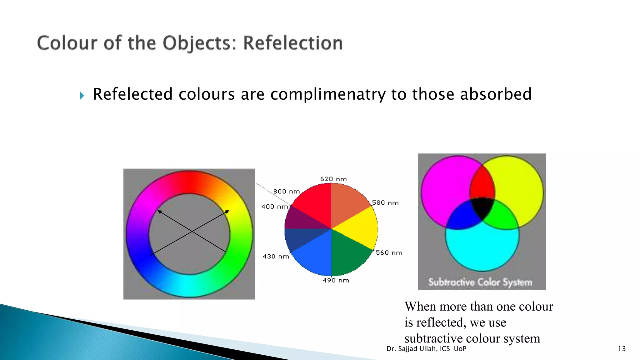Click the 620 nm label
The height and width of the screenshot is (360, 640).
pos(333,179)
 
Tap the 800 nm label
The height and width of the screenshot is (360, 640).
pos(286,191)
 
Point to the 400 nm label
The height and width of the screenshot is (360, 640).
pos(274,207)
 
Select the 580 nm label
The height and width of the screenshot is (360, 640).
pos(385,203)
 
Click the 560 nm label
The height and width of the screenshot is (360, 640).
pos(389,252)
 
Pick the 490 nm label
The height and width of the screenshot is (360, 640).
pos(336,280)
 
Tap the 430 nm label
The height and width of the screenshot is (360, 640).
pos(276,256)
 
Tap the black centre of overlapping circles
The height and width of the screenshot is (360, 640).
pos(482,208)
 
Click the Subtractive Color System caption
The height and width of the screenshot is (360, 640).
pos(480,282)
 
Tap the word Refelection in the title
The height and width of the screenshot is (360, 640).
pos(293,43)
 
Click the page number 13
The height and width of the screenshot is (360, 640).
pos(622,349)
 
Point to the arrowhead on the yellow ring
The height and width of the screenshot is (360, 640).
pos(227,212)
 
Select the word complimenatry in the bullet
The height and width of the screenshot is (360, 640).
pos(328,94)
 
